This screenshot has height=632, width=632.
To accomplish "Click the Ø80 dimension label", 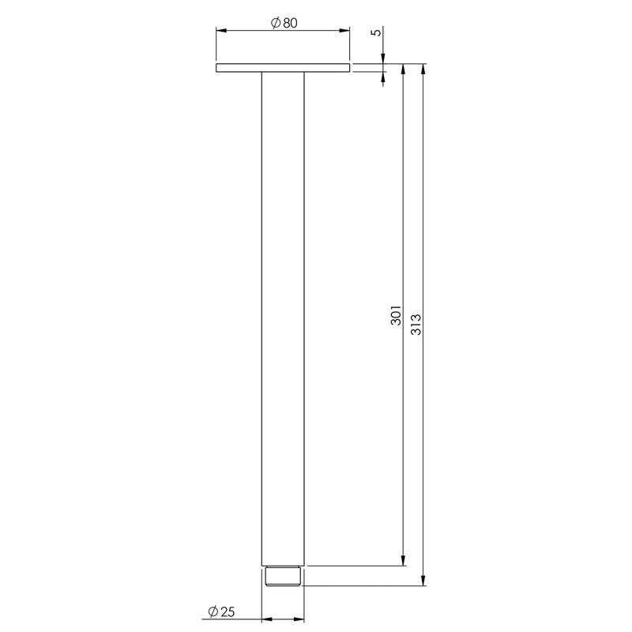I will pos(283,24).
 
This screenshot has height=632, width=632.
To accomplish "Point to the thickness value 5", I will pos(376,32).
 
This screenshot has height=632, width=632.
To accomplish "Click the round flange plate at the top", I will pos(283,69).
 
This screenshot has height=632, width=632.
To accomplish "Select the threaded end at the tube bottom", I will pos(283,576).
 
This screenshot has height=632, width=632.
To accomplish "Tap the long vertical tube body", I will pos(283,316).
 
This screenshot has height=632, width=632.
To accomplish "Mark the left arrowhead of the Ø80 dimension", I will pos(220,31).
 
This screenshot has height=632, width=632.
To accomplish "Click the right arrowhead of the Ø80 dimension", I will pos(345,31).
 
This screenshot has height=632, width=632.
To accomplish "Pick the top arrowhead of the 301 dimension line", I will pos(404,69).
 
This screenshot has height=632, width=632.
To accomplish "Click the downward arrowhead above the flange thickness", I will pos(384,59).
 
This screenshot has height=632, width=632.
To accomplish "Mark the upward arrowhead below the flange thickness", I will pos(384,77).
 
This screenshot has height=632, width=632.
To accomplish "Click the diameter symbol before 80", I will pos(273,24).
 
